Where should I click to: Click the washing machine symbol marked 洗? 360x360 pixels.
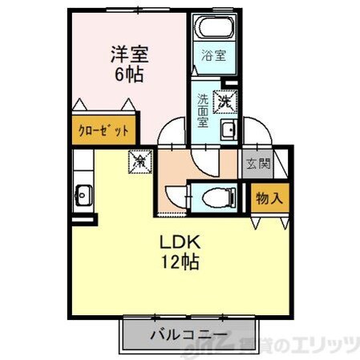point(226,103)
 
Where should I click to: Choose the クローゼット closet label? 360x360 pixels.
point(102,130)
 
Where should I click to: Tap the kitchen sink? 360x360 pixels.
point(83,194)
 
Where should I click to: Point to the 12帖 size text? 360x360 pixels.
point(183,261)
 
